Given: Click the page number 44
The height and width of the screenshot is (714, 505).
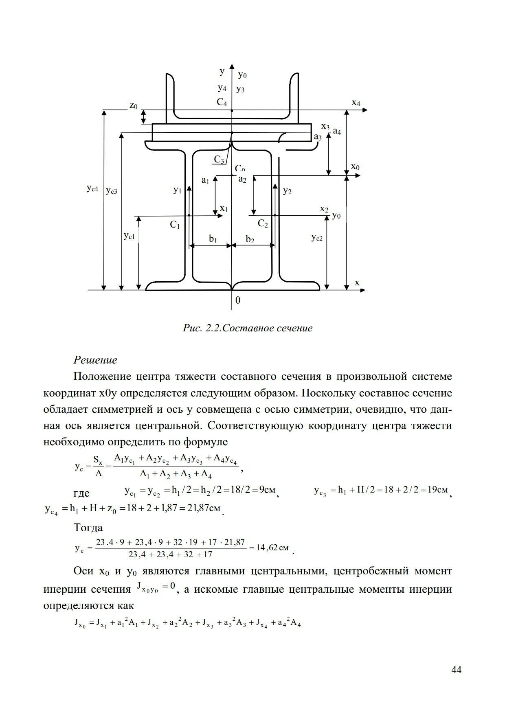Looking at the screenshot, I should [x=457, y=670].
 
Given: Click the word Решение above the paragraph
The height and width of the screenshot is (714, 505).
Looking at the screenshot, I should [x=95, y=360].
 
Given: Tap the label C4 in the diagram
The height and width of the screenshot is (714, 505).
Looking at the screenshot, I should [x=222, y=102].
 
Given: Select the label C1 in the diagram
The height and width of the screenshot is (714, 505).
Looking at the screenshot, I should [x=175, y=225].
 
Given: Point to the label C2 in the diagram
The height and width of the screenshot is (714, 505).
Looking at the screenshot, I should [x=263, y=223].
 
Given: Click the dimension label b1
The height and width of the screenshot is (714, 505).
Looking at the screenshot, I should [x=213, y=239].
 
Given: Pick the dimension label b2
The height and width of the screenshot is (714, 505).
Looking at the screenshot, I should [x=250, y=239].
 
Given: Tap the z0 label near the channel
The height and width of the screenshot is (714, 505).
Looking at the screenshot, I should [x=134, y=106].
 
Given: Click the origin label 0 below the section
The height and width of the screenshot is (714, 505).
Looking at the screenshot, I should [x=238, y=300].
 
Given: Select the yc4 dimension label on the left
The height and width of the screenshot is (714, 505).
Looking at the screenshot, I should [x=92, y=188].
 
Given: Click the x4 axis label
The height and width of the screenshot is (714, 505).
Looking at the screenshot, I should [x=356, y=103].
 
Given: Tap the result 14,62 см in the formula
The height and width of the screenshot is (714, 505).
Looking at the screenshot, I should [x=272, y=548].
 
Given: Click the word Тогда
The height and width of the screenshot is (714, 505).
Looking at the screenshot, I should [x=88, y=528].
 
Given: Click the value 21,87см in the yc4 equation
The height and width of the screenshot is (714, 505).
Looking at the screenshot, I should [x=204, y=508].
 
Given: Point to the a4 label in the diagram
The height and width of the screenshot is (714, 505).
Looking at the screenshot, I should [x=337, y=131].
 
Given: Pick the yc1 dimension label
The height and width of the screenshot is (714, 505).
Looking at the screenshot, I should [x=129, y=236].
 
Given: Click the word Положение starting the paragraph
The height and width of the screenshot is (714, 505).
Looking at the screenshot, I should [x=101, y=377].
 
